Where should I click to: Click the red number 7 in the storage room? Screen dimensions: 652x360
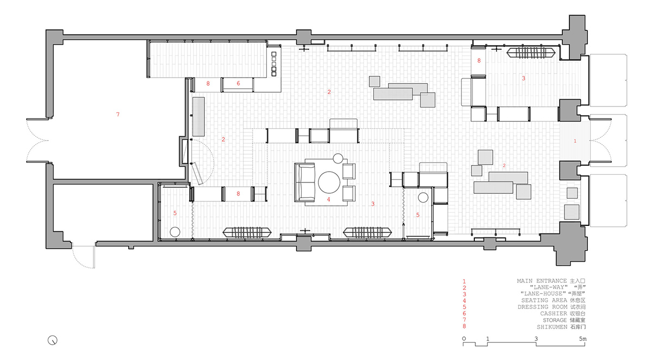[118, 114]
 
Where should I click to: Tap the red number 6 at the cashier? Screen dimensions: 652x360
[239, 84]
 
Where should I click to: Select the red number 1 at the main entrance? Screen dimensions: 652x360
[575, 141]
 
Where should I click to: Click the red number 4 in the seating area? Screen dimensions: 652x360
[329, 199]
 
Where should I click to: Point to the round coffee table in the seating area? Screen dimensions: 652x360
[329, 182]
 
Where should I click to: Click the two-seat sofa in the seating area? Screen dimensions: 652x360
[305, 182]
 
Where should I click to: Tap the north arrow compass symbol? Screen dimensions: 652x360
[52, 340]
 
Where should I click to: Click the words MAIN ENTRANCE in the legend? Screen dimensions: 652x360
[542, 281]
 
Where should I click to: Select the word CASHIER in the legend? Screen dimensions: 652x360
[554, 313]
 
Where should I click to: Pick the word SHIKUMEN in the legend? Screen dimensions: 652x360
[552, 327]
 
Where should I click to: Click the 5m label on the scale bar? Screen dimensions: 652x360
[582, 339]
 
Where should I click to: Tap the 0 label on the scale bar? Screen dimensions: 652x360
[464, 339]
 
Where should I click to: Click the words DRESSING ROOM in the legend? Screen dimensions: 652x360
[542, 307]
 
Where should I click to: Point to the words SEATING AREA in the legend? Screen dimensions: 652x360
[544, 300]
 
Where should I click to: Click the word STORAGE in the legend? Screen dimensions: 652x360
[555, 320]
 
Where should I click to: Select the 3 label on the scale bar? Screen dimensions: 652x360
[536, 339]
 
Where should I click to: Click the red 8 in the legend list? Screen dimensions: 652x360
[464, 326]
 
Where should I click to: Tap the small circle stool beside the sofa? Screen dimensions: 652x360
[338, 159]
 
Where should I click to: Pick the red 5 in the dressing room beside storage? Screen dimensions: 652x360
[175, 213]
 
